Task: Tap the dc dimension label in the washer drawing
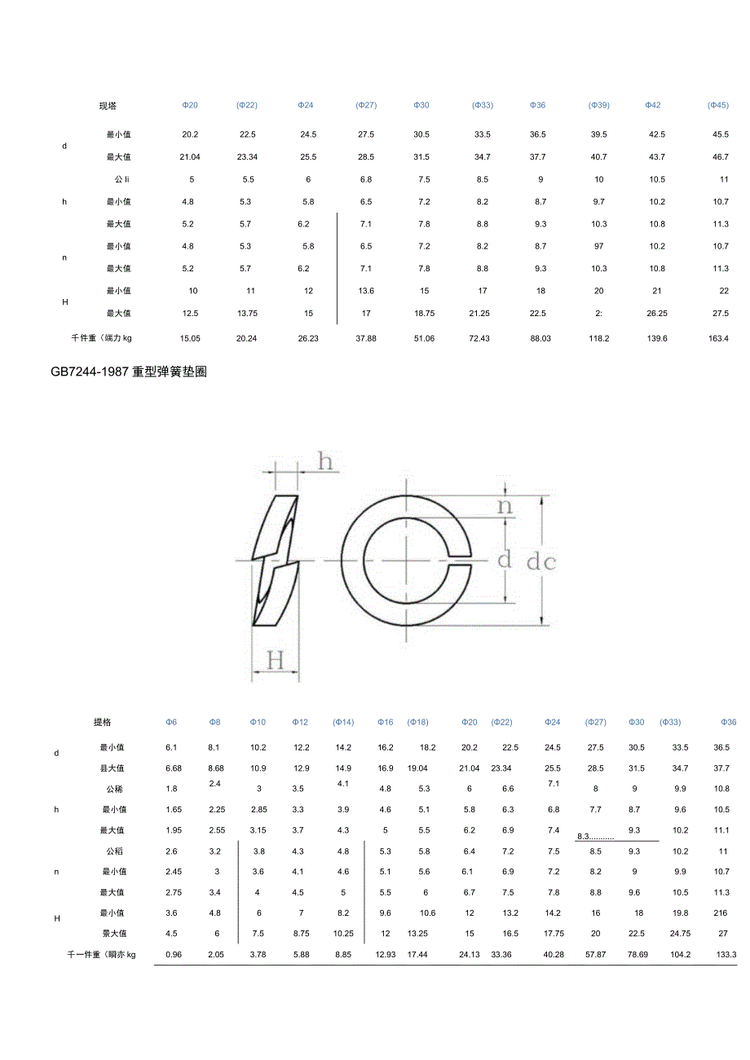pyautogui.click(x=540, y=562)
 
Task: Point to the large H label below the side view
pyautogui.click(x=276, y=661)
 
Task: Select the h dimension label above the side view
pyautogui.click(x=325, y=463)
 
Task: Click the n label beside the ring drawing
pyautogui.click(x=505, y=506)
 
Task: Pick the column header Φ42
pyautogui.click(x=653, y=106)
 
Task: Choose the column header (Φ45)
pyautogui.click(x=718, y=106)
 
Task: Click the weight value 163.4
pyautogui.click(x=718, y=338)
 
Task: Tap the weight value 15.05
pyautogui.click(x=190, y=338)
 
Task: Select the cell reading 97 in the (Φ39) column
pyautogui.click(x=599, y=246)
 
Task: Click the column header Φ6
pyautogui.click(x=171, y=723)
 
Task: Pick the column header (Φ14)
pyautogui.click(x=343, y=723)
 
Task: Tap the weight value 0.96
pyautogui.click(x=172, y=954)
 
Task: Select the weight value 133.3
pyautogui.click(x=726, y=954)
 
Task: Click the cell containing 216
pyautogui.click(x=721, y=913)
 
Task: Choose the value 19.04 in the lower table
pyautogui.click(x=417, y=768)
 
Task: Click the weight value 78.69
pyautogui.click(x=637, y=954)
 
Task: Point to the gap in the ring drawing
pyautogui.click(x=460, y=561)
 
